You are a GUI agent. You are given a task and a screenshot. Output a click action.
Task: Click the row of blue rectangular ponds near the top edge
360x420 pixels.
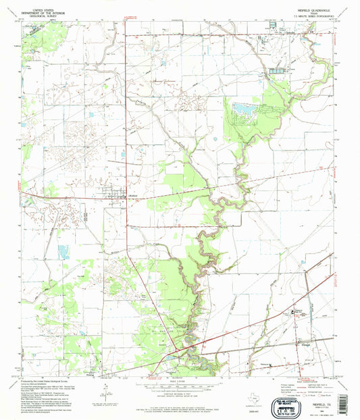point(278,70)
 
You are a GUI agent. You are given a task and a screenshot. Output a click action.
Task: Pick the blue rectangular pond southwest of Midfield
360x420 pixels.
point(64,253)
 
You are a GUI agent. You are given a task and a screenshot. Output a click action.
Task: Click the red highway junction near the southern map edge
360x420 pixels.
point(177,350)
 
